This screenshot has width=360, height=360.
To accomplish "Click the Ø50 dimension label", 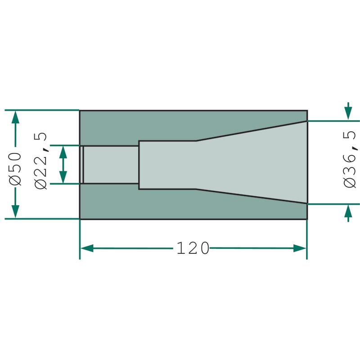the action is coord(15,168).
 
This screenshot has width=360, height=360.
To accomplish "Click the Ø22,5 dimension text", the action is coord(40,161).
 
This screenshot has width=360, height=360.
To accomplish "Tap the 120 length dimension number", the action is coord(193,248).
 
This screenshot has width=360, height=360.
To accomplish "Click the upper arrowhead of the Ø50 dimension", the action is coord(15,117).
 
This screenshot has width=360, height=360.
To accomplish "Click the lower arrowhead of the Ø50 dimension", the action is coord(15,211).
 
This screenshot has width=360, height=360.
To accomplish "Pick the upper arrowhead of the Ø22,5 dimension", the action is coord(63,152).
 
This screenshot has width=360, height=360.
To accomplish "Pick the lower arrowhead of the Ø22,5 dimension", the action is coord(63,177).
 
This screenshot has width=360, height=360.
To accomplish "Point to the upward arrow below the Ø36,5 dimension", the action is coord(348,213).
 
